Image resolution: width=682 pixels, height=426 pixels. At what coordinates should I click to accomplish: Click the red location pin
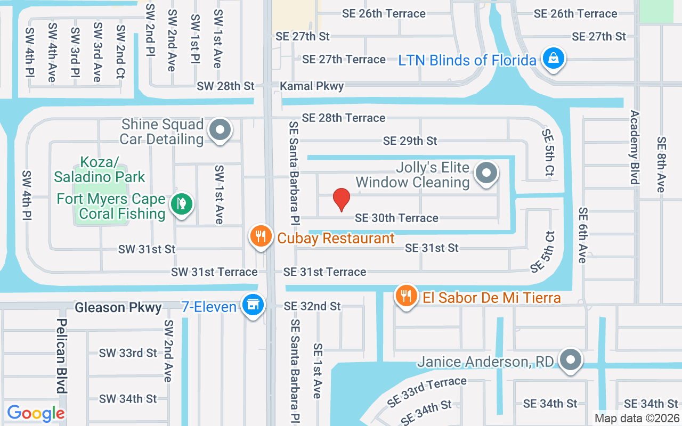coord(341,200)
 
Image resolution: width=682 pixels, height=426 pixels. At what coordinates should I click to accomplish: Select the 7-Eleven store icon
coord(252,305)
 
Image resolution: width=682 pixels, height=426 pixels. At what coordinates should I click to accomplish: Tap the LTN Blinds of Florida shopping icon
coord(554,58)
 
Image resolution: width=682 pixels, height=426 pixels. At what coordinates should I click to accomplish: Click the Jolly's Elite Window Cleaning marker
coord(486,173)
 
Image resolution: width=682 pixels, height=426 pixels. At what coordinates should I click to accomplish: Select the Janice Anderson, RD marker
coord(571,360)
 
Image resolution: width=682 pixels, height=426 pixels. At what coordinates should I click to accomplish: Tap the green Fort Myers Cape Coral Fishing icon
coord(181,204)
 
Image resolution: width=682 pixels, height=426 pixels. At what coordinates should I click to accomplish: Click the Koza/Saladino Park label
coord(100,169)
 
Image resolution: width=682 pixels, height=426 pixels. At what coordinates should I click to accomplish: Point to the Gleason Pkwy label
coord(118,307)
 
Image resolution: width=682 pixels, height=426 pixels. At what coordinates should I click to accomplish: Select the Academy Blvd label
coord(634,147)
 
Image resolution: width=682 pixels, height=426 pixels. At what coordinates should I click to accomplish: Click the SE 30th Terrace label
coord(396,218)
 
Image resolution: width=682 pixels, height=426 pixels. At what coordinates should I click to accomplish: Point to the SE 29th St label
coord(410,141)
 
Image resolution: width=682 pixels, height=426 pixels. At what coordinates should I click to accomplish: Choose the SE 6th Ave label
coord(582,235)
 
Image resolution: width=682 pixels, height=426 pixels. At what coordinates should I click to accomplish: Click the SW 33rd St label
coord(128,353)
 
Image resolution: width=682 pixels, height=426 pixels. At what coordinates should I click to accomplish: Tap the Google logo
coord(36,413)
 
